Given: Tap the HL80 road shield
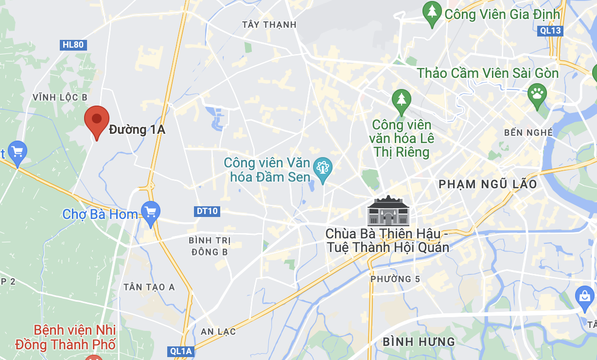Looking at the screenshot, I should tap(73, 45).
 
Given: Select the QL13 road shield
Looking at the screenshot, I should tap(550, 31).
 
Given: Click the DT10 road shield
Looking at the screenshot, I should tap(208, 211).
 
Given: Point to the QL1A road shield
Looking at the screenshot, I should tap(182, 351).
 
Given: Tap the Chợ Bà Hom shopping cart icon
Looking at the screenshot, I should tap(150, 213).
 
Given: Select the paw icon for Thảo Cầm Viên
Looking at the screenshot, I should tap(537, 92).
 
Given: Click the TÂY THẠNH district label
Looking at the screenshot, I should tap(269, 24).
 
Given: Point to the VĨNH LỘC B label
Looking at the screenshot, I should tap(60, 97).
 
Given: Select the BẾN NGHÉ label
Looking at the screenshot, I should tap(528, 132).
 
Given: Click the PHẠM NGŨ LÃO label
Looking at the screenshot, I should tap(488, 184).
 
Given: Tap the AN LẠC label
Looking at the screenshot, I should tap(218, 332).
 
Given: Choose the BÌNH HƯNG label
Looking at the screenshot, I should tap(419, 342).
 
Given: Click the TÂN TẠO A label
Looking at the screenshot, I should tap(149, 287).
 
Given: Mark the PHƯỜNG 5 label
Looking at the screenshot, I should tap(395, 279).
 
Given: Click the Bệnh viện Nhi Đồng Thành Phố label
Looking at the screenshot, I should tap(66, 338).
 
